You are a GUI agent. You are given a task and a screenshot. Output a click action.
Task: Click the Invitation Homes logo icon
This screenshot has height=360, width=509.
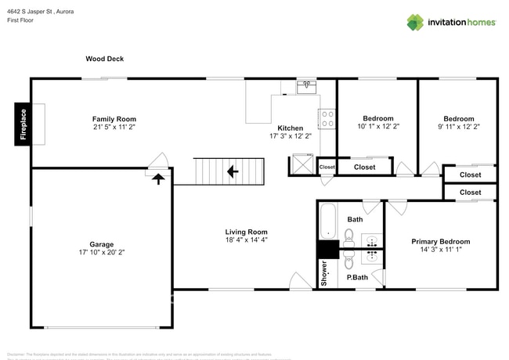(414, 22)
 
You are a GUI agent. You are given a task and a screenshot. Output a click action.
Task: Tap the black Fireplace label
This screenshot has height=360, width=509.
(23, 124)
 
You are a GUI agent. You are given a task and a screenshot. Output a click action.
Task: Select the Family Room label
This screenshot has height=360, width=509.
(114, 119)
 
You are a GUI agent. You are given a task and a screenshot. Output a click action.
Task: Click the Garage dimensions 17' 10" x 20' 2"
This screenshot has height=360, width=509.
(101, 253)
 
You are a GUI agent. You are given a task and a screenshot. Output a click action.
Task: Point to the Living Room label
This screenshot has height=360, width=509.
(247, 232)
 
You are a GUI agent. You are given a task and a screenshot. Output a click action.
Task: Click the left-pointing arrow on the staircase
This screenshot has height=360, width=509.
(232, 171)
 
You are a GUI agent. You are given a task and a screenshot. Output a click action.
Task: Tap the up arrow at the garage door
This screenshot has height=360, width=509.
(158, 178)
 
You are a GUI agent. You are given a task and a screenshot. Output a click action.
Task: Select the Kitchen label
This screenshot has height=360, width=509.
(290, 128)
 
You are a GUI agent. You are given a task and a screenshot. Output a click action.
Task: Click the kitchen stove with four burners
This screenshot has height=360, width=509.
(327, 119)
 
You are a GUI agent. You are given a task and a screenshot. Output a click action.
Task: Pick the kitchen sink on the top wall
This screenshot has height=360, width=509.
(306, 86)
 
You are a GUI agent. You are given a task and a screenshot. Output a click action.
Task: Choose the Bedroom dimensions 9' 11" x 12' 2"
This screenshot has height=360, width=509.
(458, 126)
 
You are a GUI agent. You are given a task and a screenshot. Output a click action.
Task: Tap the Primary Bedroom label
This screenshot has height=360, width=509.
(441, 242)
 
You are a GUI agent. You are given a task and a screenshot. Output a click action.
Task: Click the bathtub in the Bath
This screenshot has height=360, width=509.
(327, 220)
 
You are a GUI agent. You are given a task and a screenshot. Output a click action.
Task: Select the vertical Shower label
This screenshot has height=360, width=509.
(324, 272)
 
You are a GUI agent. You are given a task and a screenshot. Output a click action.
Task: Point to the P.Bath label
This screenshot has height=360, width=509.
(357, 277)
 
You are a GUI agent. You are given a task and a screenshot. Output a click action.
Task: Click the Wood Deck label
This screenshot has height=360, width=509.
(105, 59)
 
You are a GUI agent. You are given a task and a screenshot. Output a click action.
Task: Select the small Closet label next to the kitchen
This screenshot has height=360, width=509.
(327, 167)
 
